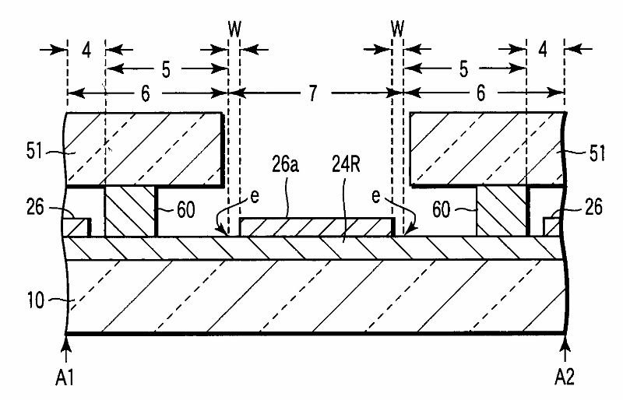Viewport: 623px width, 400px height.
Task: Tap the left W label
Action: click(x=234, y=29)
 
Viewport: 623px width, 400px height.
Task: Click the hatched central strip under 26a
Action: click(x=316, y=226)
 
